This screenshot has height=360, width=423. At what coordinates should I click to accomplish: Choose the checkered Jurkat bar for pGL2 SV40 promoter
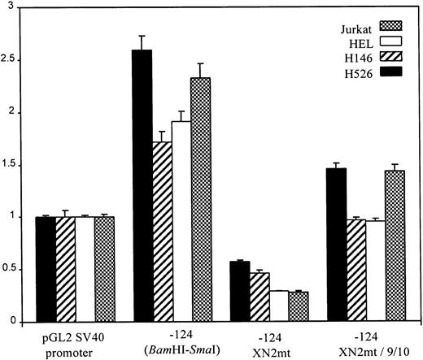coord(104,269)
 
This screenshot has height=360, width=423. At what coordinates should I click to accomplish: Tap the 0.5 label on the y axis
coord(17,270)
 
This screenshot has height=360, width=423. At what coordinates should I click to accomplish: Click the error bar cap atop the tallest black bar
coord(142,36)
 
